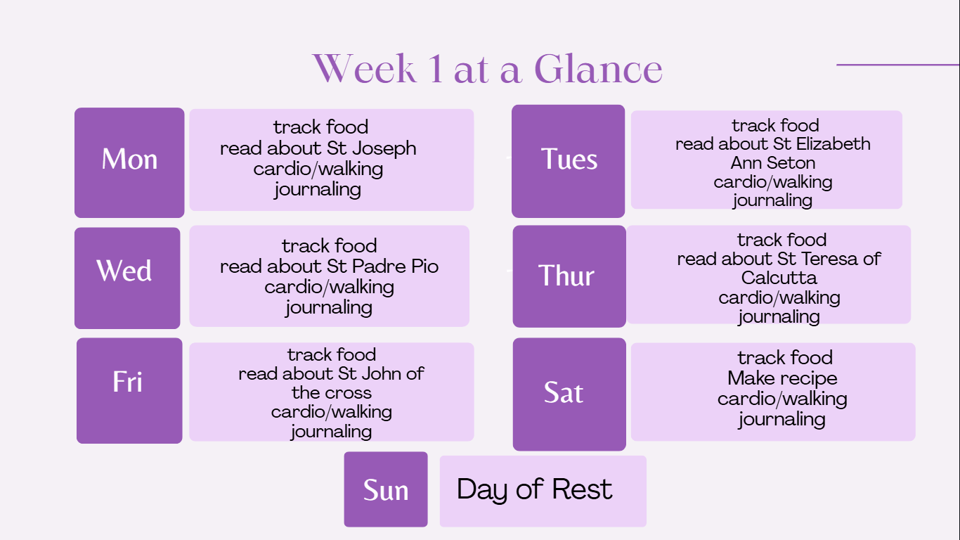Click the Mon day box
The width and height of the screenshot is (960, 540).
tap(129, 162)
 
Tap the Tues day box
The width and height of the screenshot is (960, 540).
tap(569, 161)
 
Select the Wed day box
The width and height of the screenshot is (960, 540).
tap(127, 278)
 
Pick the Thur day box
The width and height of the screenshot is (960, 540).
tap(569, 276)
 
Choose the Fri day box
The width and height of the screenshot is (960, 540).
tap(129, 390)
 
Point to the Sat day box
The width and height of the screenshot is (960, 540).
tap(569, 394)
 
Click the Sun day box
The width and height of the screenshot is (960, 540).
tap(386, 489)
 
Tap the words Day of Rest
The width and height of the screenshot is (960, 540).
tap(534, 489)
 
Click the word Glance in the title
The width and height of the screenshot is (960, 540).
tap(598, 69)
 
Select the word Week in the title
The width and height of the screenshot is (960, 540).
tap(365, 69)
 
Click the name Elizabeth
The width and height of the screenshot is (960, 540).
tap(833, 143)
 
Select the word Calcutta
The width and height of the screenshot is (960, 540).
tap(779, 278)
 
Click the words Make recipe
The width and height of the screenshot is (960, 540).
tap(782, 378)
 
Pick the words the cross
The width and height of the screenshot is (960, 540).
tap(331, 393)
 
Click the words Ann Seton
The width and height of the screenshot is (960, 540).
tap(773, 163)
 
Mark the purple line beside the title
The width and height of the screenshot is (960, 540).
tap(898, 65)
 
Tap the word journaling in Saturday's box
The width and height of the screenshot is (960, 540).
tap(781, 420)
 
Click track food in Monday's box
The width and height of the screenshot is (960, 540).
tap(320, 127)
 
